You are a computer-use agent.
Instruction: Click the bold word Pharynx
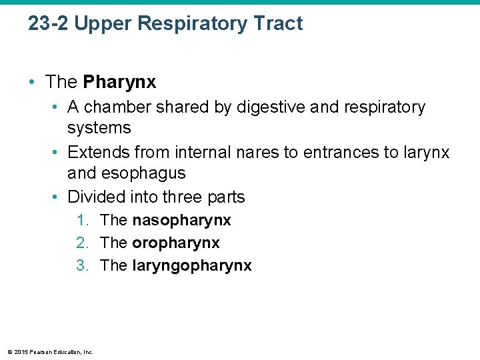point(119,82)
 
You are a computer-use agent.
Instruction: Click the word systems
point(99,127)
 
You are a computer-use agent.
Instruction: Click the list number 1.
point(82,220)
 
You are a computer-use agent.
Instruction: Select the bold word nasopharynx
point(181,220)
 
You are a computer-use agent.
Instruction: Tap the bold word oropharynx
point(175,243)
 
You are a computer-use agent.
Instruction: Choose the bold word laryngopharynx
point(192,265)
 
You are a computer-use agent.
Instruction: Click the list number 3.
point(82,265)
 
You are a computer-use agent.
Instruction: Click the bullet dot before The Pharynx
point(32,83)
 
